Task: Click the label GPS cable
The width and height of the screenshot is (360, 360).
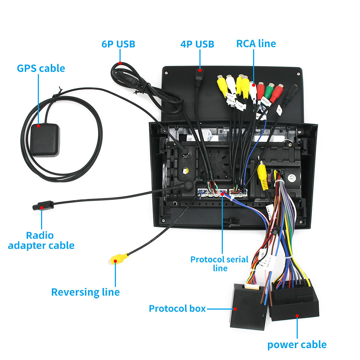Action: click(x=41, y=68)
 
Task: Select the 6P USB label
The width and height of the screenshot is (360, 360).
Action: click(x=118, y=44)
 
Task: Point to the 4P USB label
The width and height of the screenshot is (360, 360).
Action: click(x=197, y=44)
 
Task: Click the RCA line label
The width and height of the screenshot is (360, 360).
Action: click(x=256, y=44)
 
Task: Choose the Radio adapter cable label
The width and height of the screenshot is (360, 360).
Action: click(x=41, y=240)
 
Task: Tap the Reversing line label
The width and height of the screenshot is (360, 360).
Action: click(x=85, y=292)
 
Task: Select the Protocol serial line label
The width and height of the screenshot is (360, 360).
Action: click(x=219, y=264)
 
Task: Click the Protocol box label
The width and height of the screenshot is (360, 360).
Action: click(x=177, y=309)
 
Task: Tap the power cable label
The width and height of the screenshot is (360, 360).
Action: click(x=297, y=345)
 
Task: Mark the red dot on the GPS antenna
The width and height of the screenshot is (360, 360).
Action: click(x=38, y=126)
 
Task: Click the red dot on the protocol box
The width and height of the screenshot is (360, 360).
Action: click(x=236, y=309)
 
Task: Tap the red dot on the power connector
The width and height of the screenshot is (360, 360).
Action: click(x=297, y=316)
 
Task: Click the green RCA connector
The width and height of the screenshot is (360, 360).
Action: click(x=269, y=88)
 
